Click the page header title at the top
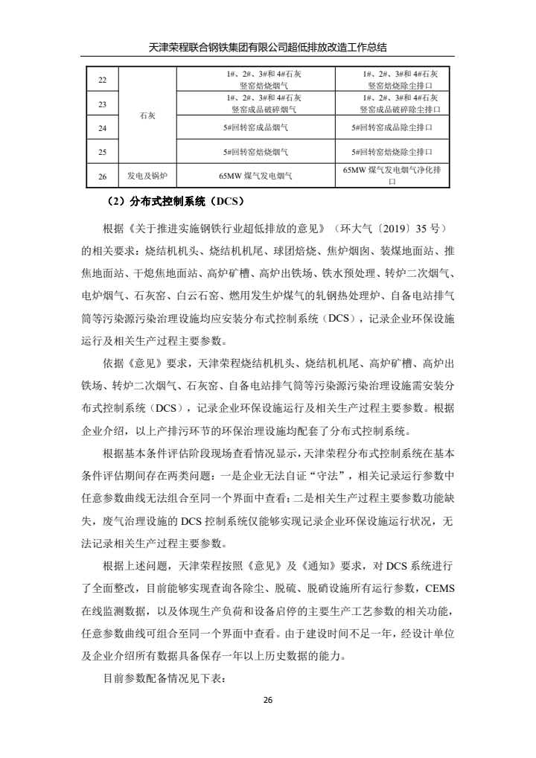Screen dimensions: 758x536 (268, 47)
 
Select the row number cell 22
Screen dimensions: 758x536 (103, 80)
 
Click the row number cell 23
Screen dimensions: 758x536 (103, 104)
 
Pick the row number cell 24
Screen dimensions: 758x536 (103, 128)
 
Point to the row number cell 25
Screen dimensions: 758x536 (103, 152)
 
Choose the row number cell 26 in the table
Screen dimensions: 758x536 (103, 176)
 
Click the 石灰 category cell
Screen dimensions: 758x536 (147, 116)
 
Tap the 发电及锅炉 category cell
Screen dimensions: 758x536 (147, 176)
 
